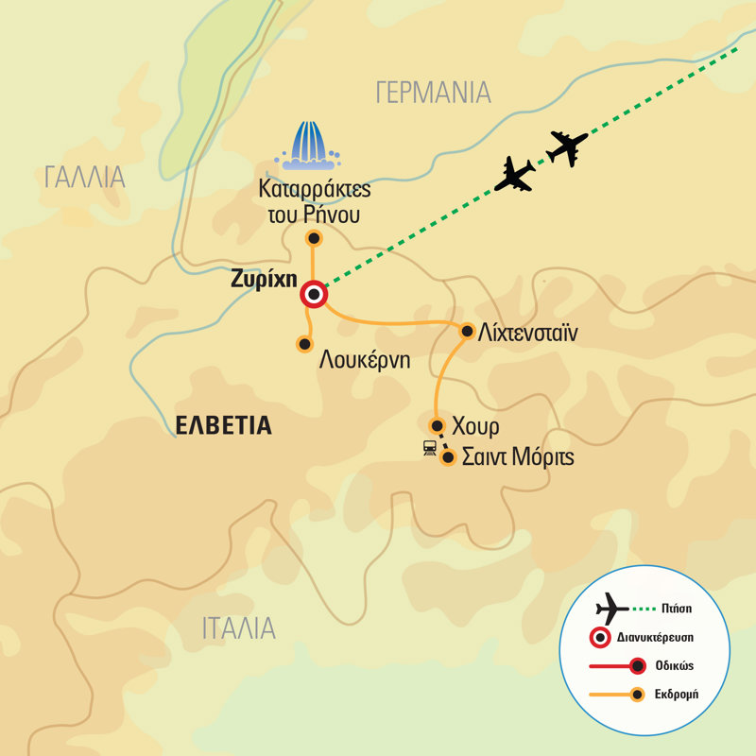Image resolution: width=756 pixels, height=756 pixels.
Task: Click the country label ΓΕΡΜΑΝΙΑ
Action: (433, 93)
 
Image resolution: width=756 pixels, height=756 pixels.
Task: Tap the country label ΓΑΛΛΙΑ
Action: (84, 177)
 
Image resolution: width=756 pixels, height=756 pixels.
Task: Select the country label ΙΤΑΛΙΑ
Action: (238, 628)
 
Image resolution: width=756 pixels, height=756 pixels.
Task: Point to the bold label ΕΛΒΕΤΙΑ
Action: (224, 426)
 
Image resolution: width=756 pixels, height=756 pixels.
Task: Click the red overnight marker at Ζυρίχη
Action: (314, 296)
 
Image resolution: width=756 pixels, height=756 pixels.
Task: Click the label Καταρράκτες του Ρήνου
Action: (314, 200)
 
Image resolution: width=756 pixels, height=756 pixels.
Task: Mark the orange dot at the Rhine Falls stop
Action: (314, 238)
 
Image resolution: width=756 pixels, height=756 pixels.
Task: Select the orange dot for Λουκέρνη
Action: (304, 344)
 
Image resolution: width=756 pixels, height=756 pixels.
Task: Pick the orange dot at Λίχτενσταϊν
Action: (467, 331)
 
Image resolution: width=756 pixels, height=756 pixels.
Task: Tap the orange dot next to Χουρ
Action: (437, 424)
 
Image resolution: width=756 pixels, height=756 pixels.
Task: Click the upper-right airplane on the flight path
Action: (567, 147)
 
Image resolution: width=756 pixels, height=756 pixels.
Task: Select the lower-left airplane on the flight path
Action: (515, 174)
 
